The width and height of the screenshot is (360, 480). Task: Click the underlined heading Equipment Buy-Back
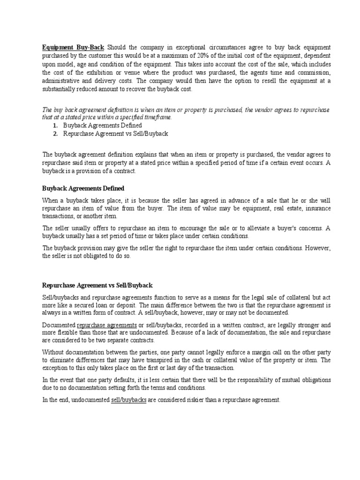point(73,48)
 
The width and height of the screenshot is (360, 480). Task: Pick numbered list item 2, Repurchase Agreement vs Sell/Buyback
point(115,134)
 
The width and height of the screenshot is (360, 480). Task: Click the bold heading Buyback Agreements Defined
point(83,188)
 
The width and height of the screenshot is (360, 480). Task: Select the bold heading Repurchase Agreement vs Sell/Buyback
point(97,285)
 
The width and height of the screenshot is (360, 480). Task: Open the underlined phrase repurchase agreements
point(107,325)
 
